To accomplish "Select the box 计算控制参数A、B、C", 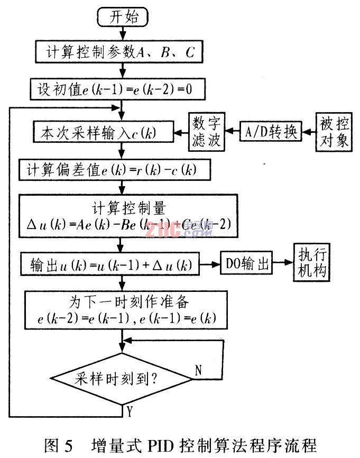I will tap(118, 52).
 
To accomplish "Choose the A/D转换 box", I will tap(271, 131).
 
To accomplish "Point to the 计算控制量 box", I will tap(127, 216).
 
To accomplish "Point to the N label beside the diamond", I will tap(198, 370).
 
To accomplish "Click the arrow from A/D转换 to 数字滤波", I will tap(232, 131).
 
